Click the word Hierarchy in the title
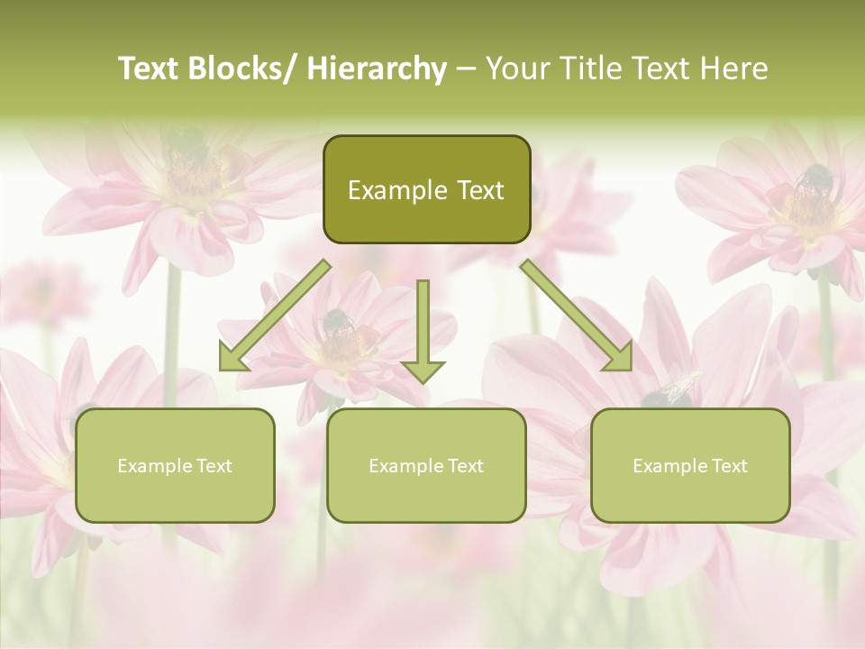pos(377,69)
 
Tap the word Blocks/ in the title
pos(244,69)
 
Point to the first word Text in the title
pos(150,69)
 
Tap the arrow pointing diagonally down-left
pos(275,315)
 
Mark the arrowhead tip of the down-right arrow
pos(631,370)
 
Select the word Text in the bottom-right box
pos(729,466)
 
